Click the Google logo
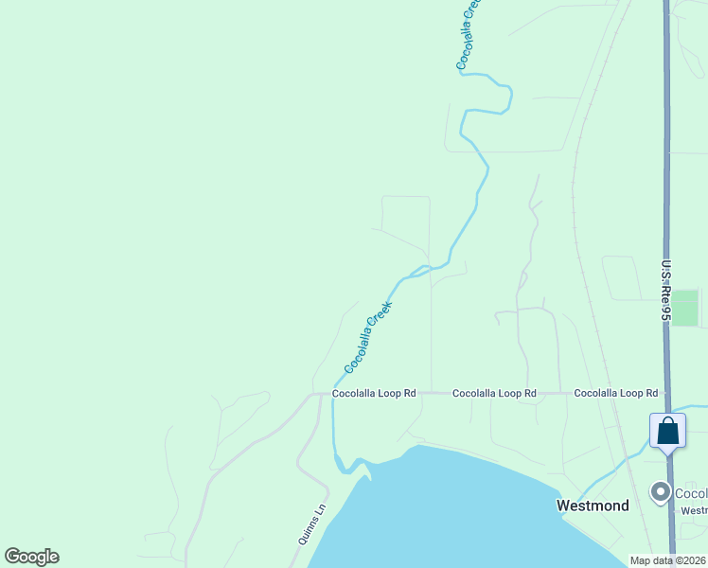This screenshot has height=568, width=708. (31, 557)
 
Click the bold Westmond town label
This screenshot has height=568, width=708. (593, 506)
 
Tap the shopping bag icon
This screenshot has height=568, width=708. (667, 432)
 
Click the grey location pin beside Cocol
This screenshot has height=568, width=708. (660, 491)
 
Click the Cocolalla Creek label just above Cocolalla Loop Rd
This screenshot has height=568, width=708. (368, 337)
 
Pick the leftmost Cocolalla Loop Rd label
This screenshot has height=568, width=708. (374, 393)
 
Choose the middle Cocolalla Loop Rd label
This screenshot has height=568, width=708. (494, 393)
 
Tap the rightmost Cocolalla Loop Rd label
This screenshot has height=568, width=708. (615, 393)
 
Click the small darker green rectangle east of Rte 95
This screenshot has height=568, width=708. (684, 308)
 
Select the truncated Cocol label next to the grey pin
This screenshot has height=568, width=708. (691, 493)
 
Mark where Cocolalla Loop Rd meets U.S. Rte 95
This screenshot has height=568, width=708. (666, 393)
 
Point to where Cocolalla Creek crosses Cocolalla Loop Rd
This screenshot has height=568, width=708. (334, 393)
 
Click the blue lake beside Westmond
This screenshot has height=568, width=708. (454, 511)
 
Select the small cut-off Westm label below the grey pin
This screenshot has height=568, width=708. (694, 511)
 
